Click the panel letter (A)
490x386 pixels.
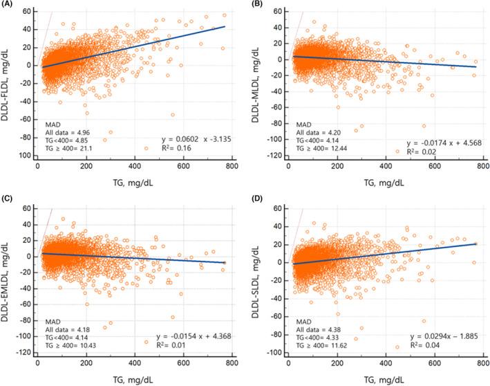click(x=8, y=6)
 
